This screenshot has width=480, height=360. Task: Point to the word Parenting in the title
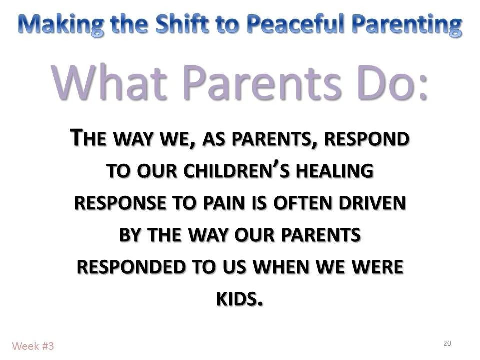[x=409, y=24]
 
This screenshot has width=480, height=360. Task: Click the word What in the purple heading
[x=105, y=82]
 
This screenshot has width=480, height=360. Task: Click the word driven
[x=374, y=203]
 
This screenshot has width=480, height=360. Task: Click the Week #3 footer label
[x=33, y=345]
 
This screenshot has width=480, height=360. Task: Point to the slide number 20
[x=447, y=343]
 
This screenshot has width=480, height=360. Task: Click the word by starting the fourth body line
[x=130, y=235]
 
